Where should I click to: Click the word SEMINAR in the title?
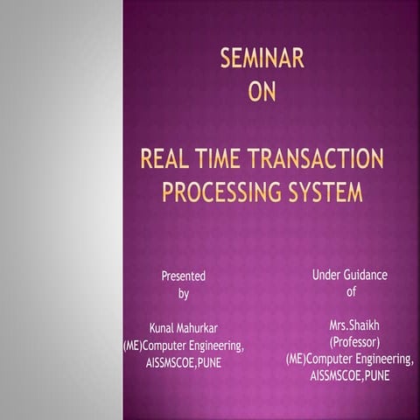point(262,59)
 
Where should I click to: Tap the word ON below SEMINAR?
point(262,91)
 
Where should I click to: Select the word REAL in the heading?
point(170,159)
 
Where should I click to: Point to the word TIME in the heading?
point(227,159)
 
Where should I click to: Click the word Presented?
point(184,276)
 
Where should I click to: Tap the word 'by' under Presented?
point(184,294)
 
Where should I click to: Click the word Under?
point(328,275)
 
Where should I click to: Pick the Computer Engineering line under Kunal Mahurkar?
point(184,346)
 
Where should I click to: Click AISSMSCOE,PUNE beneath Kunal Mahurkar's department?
point(184,362)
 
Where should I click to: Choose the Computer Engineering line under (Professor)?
point(351,359)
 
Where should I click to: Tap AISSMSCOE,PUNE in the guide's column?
point(351,375)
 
